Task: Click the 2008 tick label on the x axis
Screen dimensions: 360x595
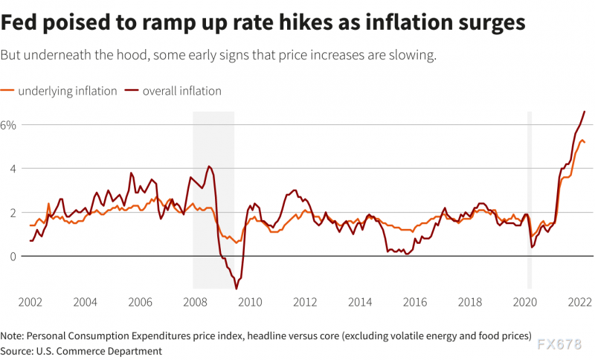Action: [195, 302]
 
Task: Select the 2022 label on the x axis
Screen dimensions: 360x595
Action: [580, 302]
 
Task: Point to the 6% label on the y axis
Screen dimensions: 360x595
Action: [8, 125]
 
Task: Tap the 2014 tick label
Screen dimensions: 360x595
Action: [360, 302]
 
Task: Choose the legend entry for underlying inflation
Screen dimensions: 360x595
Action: [68, 91]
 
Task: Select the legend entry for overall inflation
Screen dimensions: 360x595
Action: [182, 91]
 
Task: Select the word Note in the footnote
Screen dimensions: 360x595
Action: [13, 335]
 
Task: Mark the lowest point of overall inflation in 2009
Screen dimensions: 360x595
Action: [237, 288]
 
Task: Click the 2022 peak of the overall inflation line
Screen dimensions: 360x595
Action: [585, 112]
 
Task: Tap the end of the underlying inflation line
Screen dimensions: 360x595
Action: [585, 142]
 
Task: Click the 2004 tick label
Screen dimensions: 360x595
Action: [85, 302]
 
